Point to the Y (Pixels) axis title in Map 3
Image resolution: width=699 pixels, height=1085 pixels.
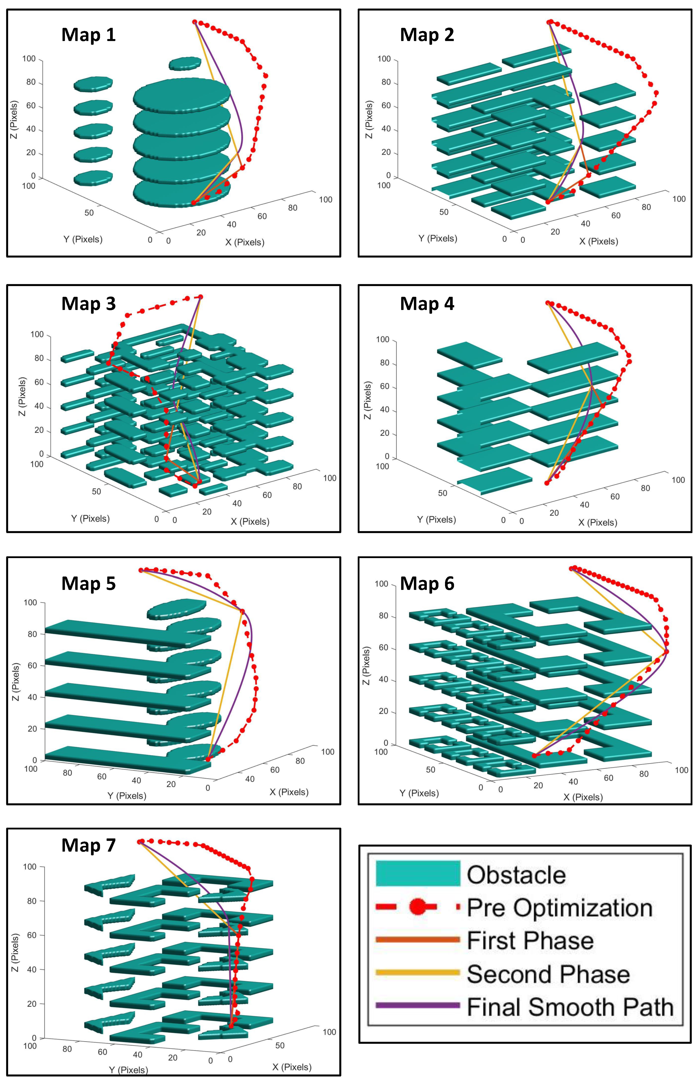pos(90,518)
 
